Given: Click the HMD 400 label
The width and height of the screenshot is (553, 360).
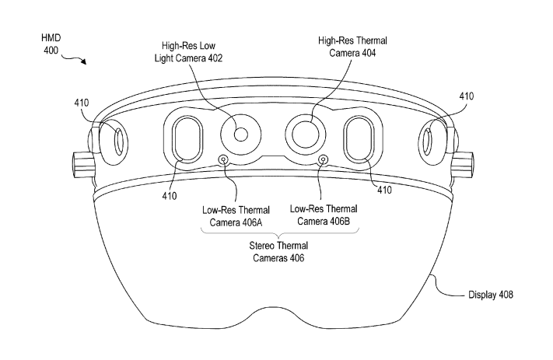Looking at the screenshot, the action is pos(51,44).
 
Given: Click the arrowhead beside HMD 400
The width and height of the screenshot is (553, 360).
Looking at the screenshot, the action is pos(83,61).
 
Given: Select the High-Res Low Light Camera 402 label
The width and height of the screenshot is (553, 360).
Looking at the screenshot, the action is pos(189,52).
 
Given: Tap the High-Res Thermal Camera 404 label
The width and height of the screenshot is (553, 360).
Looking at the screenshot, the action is pos(352,47).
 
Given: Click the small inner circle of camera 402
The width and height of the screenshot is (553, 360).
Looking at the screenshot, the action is pos(241,135).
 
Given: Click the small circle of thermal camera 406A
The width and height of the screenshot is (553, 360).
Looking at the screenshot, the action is pos(223,159).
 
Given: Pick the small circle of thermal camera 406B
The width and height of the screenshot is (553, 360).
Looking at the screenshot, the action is pos(322,159).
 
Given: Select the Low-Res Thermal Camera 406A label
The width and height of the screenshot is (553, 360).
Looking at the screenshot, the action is pos(236,216).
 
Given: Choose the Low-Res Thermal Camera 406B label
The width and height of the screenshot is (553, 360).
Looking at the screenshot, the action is pos(324,215).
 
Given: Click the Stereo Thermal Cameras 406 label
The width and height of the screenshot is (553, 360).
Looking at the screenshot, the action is pos(278,252).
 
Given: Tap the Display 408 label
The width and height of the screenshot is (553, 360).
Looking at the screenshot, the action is pos(491,295).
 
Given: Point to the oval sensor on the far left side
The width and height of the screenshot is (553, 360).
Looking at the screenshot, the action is pos(119,142).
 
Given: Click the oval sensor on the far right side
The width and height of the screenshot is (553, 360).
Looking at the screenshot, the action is pos(427,142).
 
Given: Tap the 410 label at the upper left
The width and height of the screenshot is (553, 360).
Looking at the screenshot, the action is pos(82,103).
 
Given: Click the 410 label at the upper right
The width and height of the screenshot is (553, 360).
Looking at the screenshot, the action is pos(466,96).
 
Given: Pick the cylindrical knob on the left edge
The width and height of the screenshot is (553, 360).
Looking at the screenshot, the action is pos(83,165).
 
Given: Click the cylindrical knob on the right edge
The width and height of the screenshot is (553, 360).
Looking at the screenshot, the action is pos(462,164).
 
